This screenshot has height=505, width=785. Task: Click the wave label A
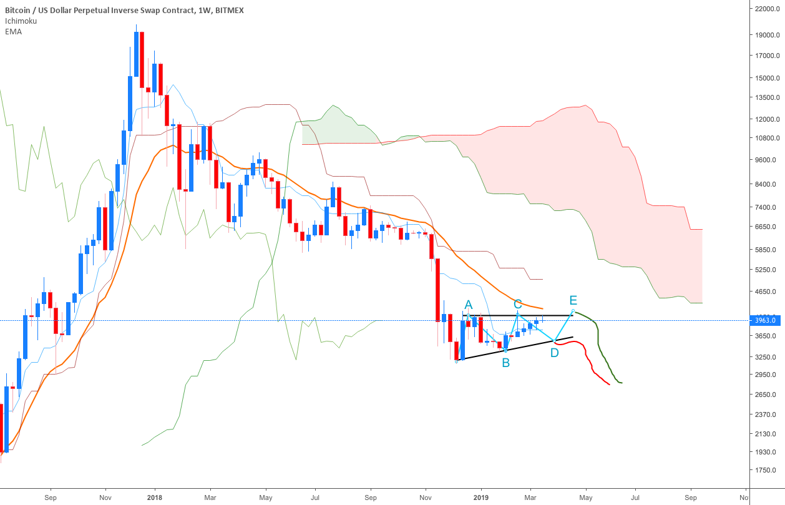pos(469,305)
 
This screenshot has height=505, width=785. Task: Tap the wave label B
pos(505,362)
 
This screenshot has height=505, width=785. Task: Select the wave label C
pos(517,304)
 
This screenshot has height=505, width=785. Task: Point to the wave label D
pos(554,353)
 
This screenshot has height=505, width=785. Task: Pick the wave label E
pos(573,300)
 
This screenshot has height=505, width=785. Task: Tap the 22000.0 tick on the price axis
pos(766,9)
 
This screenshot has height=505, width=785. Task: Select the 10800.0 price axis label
pos(766,138)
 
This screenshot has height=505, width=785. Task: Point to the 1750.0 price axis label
pos(766,470)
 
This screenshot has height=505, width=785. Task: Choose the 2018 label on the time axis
pos(155,498)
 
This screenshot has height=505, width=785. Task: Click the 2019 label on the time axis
pos(480,498)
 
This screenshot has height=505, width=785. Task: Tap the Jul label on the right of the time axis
pos(635,498)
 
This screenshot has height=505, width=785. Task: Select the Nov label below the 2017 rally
pos(105,498)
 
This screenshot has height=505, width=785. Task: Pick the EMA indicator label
pos(13,31)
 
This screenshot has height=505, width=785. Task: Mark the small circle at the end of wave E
pos(573,311)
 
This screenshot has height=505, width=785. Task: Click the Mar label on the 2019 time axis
pos(530,498)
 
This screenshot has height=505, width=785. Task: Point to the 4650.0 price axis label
pos(766,292)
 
